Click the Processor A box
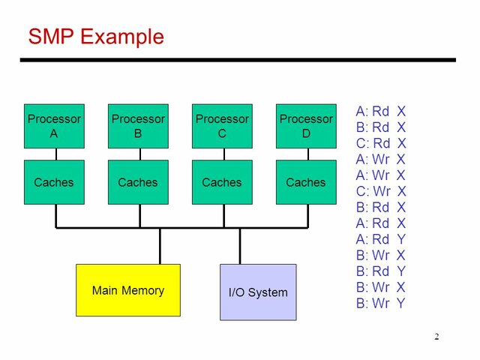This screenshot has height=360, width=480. [54, 126]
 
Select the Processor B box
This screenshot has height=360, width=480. [138, 126]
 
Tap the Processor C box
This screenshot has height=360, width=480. [222, 126]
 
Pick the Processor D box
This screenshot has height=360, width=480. [306, 126]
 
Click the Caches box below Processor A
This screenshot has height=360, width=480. [54, 182]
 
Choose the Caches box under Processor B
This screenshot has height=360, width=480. [138, 182]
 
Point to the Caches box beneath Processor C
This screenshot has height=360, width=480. [222, 182]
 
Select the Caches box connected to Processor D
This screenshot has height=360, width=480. [306, 182]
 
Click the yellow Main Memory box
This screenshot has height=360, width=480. [128, 290]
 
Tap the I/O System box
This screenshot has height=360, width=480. [258, 292]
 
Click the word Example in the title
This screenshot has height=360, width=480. [122, 37]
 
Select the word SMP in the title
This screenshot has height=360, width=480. [51, 37]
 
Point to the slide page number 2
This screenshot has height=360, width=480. [436, 337]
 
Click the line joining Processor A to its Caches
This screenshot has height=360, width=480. [56, 154]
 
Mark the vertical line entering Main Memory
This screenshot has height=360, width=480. [160, 246]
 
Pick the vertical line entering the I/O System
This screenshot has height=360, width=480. [240, 246]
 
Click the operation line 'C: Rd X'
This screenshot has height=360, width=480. [381, 143]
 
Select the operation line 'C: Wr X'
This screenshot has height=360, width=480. [381, 191]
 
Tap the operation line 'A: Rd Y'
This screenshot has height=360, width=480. [381, 239]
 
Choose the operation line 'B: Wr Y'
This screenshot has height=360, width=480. [381, 303]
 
